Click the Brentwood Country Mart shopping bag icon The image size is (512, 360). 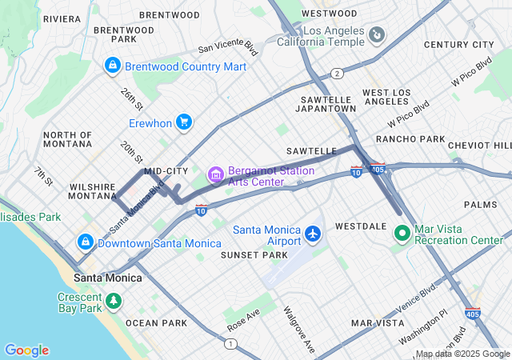[x=113, y=66]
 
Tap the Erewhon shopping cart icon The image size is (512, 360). [x=184, y=122]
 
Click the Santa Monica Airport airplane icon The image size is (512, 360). [x=313, y=235]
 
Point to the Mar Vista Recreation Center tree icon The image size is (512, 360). [x=403, y=234]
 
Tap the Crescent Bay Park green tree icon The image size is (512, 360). [x=114, y=302]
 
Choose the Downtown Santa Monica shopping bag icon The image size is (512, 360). [x=85, y=242]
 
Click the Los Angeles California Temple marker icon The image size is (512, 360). [x=377, y=35]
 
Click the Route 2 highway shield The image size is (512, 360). [x=338, y=74]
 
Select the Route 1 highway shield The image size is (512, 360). [x=230, y=343]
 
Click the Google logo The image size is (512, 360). [x=26, y=350]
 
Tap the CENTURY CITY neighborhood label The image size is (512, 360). [x=460, y=45]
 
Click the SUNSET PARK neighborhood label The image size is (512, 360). [x=254, y=254]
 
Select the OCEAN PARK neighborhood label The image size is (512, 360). [x=156, y=323]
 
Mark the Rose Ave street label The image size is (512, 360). [x=243, y=321]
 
